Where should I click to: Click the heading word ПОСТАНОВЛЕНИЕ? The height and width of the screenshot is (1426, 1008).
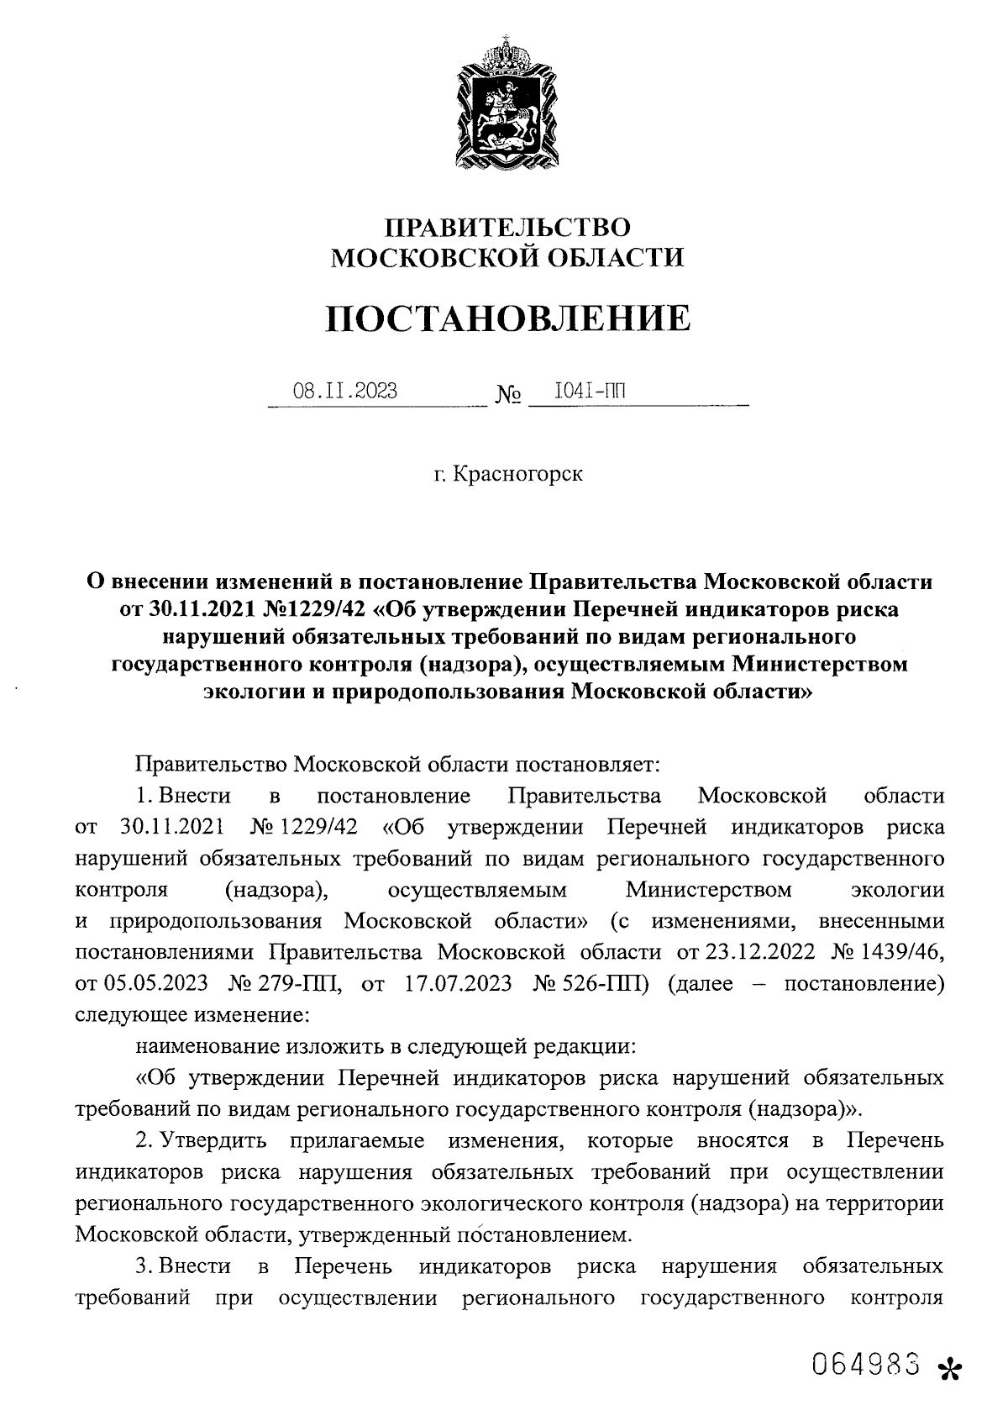[x=507, y=319]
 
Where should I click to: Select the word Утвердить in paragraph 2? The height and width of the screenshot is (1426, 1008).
[x=214, y=1142]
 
